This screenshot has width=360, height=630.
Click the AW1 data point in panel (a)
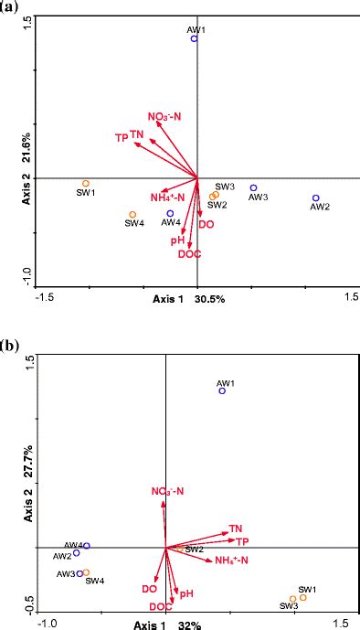[x=194, y=39]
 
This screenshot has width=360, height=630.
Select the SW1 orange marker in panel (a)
[x=86, y=184]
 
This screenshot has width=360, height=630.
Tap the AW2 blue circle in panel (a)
[x=315, y=198]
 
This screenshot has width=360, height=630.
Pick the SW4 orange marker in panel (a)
[x=132, y=216]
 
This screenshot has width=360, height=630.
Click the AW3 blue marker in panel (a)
[x=254, y=188]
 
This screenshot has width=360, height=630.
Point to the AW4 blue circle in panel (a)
[x=170, y=213]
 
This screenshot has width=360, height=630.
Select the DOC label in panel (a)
[x=189, y=253]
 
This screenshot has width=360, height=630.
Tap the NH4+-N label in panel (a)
[x=167, y=198]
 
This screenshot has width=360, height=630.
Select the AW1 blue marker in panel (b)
[x=222, y=390]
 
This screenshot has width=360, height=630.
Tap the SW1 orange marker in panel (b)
[x=303, y=597]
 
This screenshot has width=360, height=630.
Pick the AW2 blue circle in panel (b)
[x=77, y=552]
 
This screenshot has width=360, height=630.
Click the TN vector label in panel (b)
[x=235, y=529]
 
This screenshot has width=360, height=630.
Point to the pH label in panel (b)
[x=186, y=593]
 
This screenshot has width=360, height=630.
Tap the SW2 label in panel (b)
[x=194, y=550]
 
